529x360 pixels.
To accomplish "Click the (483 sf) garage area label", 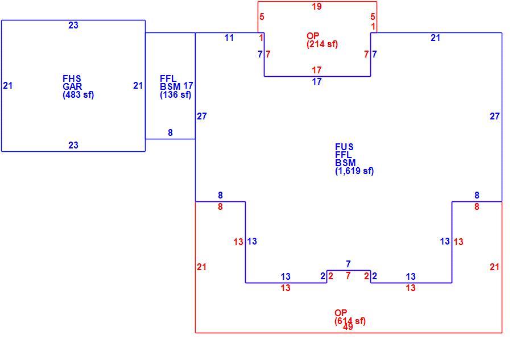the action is (78, 95).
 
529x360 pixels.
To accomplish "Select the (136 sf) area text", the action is (175, 95).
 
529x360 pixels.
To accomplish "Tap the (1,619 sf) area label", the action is (354, 171).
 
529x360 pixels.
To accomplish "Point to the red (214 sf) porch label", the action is (322, 44).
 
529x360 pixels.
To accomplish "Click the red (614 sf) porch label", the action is (350, 321).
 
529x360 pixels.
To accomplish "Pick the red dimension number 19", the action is (317, 6).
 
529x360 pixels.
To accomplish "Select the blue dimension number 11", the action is (229, 38).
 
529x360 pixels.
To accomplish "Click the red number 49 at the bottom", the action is (348, 327).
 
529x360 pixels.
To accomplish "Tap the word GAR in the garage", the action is (72, 86).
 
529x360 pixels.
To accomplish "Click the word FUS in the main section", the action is (344, 147).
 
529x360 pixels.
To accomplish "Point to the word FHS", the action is (72, 79).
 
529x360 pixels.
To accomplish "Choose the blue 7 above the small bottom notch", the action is (348, 264).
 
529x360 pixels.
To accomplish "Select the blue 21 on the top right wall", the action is (436, 38).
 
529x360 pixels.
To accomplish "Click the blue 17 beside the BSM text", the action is (188, 86).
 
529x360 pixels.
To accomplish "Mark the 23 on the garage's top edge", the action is (73, 25).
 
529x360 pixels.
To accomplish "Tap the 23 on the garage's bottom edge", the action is (73, 145).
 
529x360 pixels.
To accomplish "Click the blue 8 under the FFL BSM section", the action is (171, 133).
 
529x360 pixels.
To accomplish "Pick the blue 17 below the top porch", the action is (317, 82).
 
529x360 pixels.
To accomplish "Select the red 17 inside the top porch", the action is (317, 70).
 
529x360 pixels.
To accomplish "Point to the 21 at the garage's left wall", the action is (8, 86).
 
